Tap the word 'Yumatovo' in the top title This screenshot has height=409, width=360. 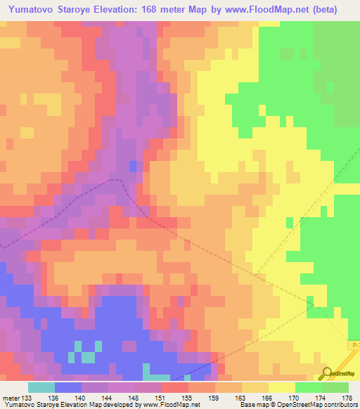click(x=34, y=9)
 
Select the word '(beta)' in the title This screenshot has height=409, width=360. click(x=319, y=9)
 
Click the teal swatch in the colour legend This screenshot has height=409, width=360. click(x=41, y=387)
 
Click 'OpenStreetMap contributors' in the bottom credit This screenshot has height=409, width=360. click(x=325, y=404)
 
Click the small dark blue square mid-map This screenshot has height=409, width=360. click(x=133, y=166)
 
